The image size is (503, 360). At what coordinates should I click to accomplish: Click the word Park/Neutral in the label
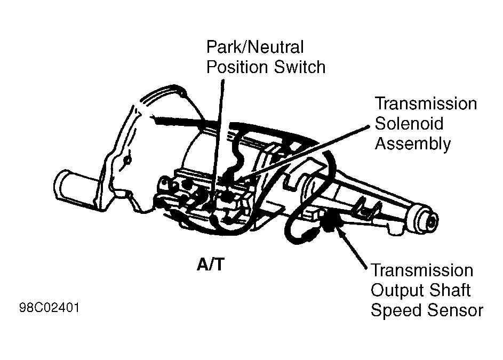255,47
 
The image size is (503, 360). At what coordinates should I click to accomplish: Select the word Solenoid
409,123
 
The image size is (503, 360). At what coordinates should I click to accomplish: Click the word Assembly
413,143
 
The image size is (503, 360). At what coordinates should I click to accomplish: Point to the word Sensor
455,310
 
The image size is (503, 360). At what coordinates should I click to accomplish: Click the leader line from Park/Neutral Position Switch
219,133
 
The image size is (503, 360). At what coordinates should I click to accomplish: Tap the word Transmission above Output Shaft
421,270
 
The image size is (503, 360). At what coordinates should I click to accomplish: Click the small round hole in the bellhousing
127,159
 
